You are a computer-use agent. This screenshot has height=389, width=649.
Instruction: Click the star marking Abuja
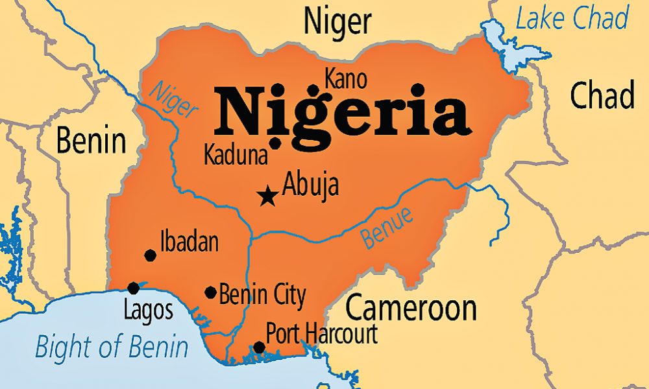click(x=266, y=195)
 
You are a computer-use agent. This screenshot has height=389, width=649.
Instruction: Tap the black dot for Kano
click(x=314, y=90)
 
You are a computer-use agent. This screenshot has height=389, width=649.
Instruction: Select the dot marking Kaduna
click(x=275, y=143)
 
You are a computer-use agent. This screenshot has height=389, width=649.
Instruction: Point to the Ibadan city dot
click(x=150, y=255)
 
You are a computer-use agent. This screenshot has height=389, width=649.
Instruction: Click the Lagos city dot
click(x=134, y=288)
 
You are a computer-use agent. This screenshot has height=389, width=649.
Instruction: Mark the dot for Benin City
click(x=210, y=292)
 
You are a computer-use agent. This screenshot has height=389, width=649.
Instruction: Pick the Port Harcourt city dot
click(x=259, y=348)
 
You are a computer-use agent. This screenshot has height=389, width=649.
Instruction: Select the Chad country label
click(x=602, y=96)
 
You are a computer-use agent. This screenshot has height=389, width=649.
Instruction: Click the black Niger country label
click(x=337, y=21)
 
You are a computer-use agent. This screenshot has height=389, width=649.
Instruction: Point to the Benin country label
click(x=91, y=140)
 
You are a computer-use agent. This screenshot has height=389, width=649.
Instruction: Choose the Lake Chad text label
click(x=572, y=19)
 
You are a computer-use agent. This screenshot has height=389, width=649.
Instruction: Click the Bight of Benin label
click(x=112, y=347)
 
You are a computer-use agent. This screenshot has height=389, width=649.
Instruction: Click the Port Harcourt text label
click(x=323, y=334)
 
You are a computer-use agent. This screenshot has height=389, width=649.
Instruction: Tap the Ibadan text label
click(x=189, y=242)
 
